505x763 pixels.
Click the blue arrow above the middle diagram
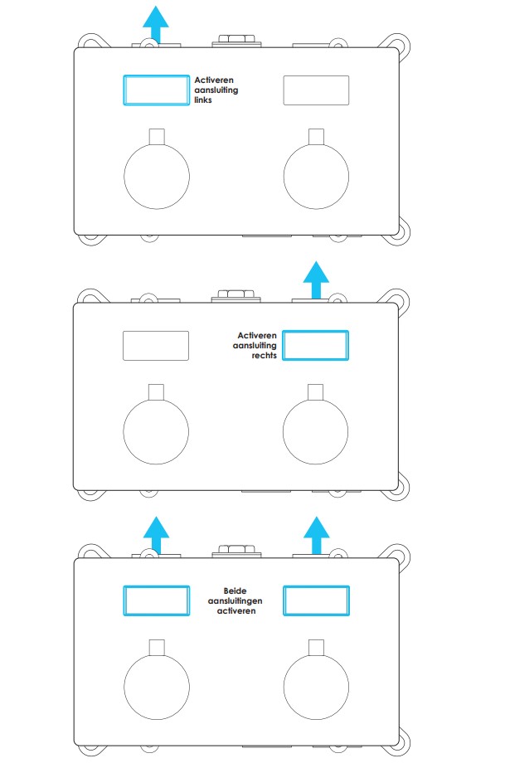tap(316, 279)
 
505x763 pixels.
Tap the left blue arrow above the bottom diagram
tap(156, 535)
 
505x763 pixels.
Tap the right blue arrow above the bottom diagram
tap(316, 535)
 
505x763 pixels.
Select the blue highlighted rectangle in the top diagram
tap(156, 76)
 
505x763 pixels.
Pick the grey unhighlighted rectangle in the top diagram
tap(316, 76)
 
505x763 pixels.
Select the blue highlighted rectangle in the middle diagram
tap(316, 332)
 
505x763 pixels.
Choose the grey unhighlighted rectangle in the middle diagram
tap(156, 332)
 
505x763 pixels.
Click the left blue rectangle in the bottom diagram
tap(156, 587)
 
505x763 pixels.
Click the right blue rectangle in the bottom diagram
tap(316, 587)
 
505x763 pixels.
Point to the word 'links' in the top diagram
tap(203, 100)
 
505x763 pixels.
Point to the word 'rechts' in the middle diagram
tap(265, 355)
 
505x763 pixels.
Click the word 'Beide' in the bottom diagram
tap(235, 590)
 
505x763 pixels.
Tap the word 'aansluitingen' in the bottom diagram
tap(235, 601)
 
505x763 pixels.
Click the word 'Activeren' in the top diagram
tap(214, 80)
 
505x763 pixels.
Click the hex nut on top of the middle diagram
tap(236, 294)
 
